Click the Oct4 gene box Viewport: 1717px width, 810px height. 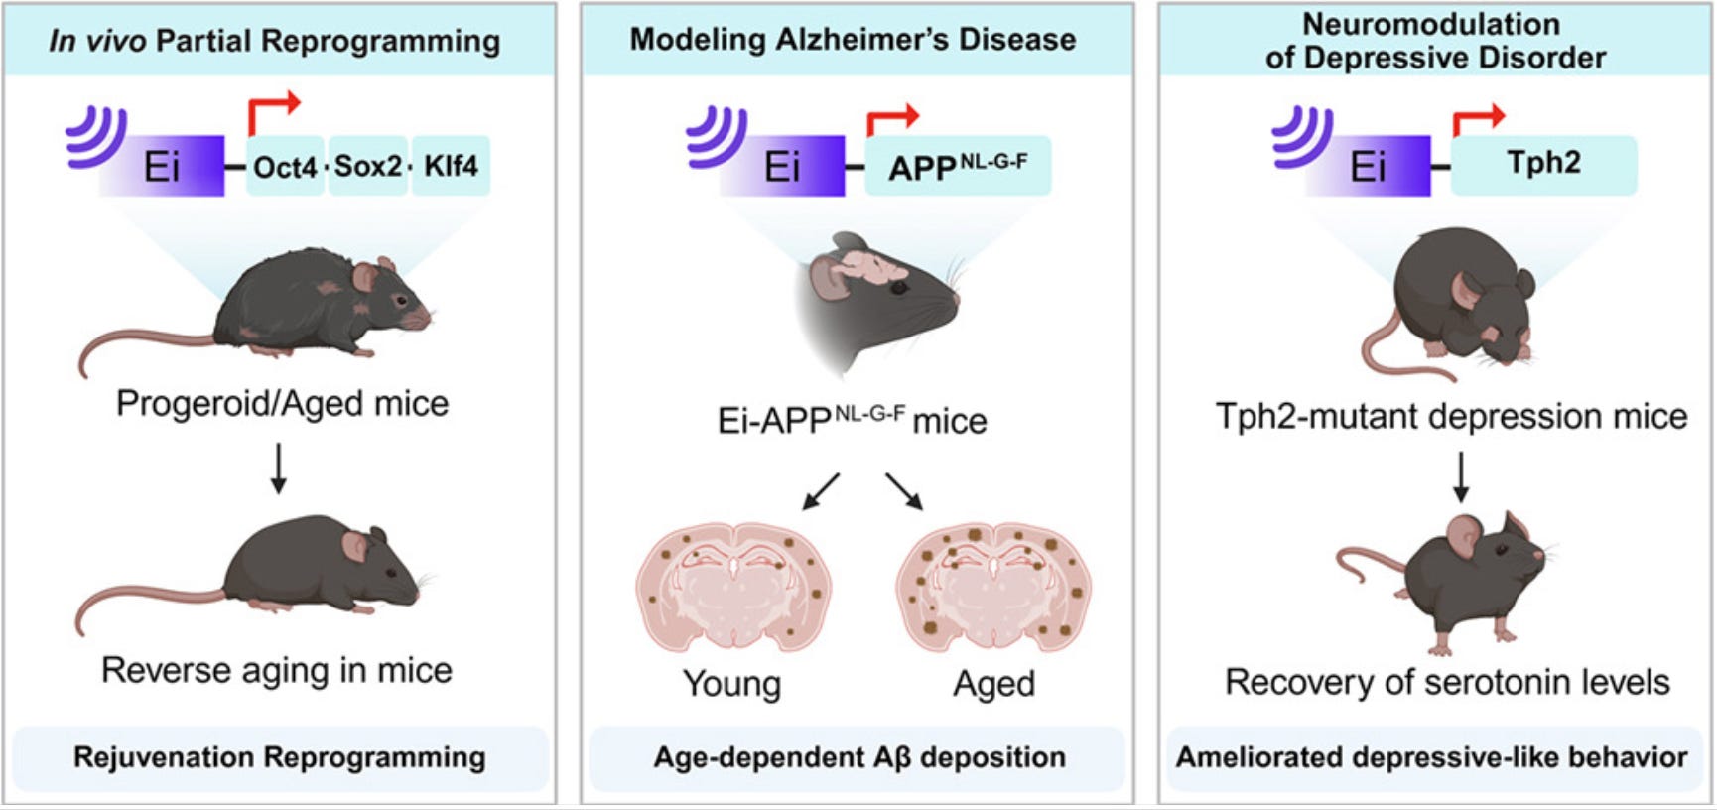(285, 166)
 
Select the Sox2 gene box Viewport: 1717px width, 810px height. (367, 166)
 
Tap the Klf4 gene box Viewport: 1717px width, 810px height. (451, 166)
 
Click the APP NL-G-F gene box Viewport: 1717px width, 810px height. (958, 166)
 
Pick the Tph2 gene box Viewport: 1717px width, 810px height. (1543, 164)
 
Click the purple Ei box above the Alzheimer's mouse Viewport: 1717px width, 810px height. (783, 166)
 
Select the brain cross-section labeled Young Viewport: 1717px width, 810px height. (733, 587)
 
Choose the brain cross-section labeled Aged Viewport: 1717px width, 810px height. (993, 587)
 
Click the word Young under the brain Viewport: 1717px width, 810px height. (732, 684)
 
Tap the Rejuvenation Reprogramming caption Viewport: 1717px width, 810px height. (279, 757)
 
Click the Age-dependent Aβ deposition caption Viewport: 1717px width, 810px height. (858, 757)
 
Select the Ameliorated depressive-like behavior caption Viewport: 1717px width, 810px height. (1431, 757)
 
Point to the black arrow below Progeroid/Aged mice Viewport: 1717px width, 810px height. (279, 469)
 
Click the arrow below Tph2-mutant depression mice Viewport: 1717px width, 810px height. (1460, 477)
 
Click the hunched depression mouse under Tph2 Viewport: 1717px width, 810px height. (1454, 298)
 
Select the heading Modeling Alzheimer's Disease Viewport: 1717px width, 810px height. (853, 40)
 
